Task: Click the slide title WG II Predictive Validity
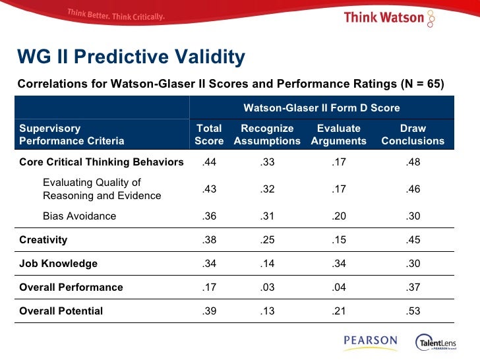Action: [x=131, y=58]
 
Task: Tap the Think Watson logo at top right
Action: [x=389, y=17]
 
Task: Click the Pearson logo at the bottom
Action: [x=370, y=342]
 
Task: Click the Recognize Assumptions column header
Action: [x=267, y=135]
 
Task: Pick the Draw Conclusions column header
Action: [x=413, y=135]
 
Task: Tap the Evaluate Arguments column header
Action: [x=338, y=135]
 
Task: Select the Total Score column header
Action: [x=209, y=135]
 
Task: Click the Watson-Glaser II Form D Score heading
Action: [x=322, y=107]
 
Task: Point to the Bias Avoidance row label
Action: [x=79, y=216]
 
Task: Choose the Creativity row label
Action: [x=43, y=240]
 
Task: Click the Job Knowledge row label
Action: [x=58, y=264]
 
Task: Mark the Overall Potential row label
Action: [x=61, y=311]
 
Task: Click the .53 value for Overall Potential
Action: [x=413, y=311]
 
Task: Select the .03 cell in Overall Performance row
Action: [x=267, y=287]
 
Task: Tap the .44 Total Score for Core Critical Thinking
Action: [x=209, y=162]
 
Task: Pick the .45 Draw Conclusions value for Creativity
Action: [x=413, y=240]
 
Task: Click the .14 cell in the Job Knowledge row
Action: [x=267, y=264]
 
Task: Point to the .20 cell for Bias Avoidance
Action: [x=339, y=216]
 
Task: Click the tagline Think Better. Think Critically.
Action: [x=115, y=15]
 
